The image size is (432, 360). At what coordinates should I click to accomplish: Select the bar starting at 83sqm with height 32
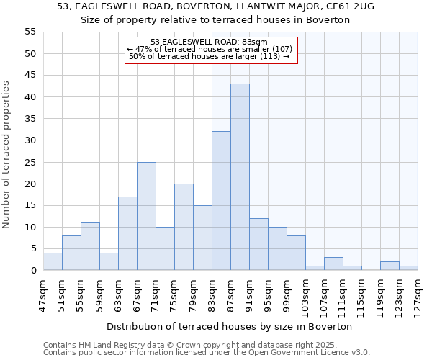point(221,201)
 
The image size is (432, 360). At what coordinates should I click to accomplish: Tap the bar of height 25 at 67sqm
point(146,216)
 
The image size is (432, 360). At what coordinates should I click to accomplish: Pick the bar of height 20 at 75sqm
point(184,227)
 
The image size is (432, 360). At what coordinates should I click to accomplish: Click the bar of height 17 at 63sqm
point(127,233)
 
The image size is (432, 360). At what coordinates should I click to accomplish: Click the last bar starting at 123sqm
point(408,269)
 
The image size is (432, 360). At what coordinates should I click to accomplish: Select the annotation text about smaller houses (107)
point(210,49)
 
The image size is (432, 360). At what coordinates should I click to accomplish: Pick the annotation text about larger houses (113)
point(210,56)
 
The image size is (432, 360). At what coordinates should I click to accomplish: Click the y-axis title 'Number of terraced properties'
point(6,155)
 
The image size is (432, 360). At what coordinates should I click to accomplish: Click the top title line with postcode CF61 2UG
point(215,6)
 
